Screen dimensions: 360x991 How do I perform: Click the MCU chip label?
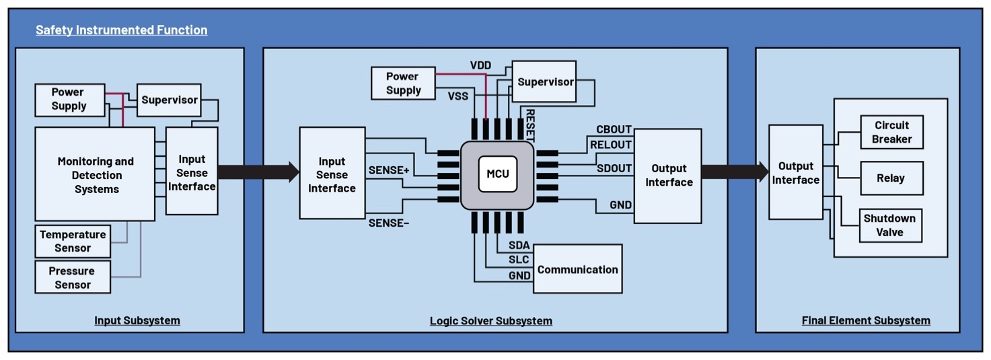[x=498, y=174]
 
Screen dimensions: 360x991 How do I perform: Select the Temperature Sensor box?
[x=73, y=241]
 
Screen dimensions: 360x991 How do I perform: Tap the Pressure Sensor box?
[x=73, y=277]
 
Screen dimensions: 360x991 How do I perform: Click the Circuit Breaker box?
[x=891, y=132]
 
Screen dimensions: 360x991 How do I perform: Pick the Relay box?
[x=891, y=178]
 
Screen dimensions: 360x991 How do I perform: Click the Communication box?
[x=577, y=269]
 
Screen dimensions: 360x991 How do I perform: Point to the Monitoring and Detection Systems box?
[x=95, y=175]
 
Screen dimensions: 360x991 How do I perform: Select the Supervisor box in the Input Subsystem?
[x=169, y=100]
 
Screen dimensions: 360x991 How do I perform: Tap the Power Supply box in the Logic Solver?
[x=403, y=83]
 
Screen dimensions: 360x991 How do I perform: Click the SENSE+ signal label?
[x=389, y=170]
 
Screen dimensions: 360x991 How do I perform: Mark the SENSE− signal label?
[x=388, y=223]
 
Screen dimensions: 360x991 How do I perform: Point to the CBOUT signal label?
[x=614, y=129]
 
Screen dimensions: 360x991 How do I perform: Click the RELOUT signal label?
[x=611, y=144]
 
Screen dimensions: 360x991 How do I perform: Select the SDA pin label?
[x=519, y=245]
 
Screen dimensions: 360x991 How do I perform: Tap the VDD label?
[x=480, y=65]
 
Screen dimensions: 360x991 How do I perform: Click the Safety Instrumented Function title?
[x=121, y=30]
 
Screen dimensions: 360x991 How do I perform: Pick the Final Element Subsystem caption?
[x=865, y=320]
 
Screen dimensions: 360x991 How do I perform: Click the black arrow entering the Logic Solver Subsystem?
[x=258, y=172]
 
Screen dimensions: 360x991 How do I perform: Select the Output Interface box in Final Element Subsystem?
[x=795, y=173]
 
